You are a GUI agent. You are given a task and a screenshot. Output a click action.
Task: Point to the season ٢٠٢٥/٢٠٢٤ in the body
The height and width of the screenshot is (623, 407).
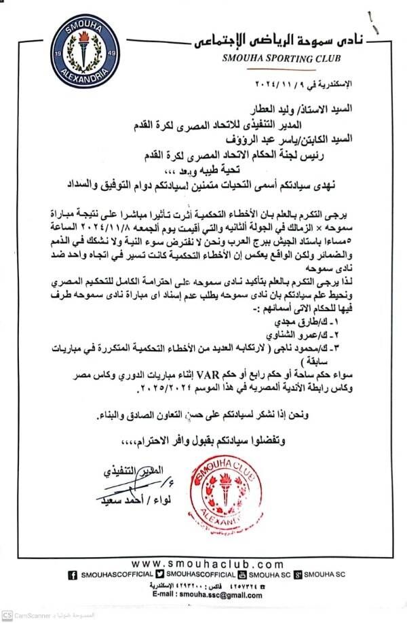tap(162, 388)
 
